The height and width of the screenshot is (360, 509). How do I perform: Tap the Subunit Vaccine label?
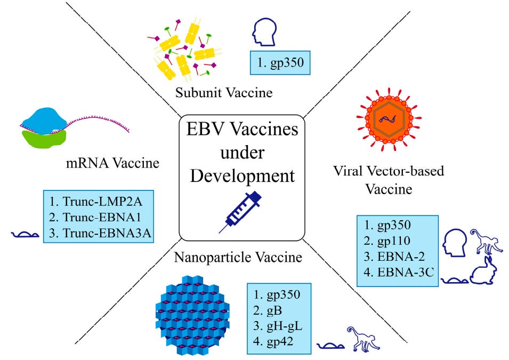click(x=224, y=93)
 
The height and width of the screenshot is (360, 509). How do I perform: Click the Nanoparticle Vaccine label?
click(x=238, y=258)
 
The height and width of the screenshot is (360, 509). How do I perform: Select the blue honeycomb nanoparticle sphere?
click(x=191, y=311)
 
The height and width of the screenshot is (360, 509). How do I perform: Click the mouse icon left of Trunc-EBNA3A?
click(x=25, y=233)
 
